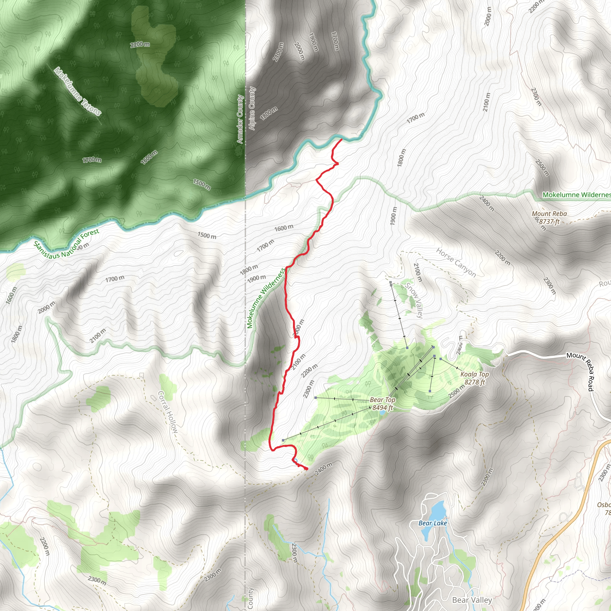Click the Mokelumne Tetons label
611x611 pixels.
pyautogui.click(x=78, y=91)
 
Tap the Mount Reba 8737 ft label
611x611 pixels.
pyautogui.click(x=549, y=217)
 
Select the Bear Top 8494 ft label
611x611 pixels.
pyautogui.click(x=382, y=404)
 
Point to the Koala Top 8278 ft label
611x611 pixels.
pyautogui.click(x=474, y=378)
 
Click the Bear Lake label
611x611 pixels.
pyautogui.click(x=432, y=523)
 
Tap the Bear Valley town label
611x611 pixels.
pyautogui.click(x=472, y=600)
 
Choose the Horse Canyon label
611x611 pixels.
pyautogui.click(x=456, y=263)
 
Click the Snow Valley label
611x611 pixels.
pyautogui.click(x=414, y=300)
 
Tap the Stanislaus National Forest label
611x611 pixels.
pyautogui.click(x=67, y=243)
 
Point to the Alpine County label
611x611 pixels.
pyautogui.click(x=252, y=109)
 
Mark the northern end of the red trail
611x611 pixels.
pyautogui.click(x=342, y=139)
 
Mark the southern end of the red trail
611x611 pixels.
pyautogui.click(x=307, y=469)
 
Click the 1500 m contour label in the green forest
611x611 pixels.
pyautogui.click(x=202, y=184)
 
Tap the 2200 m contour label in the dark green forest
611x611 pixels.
pyautogui.click(x=140, y=44)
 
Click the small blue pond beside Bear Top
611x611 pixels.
pyautogui.click(x=382, y=413)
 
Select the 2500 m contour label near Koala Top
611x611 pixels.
pyautogui.click(x=456, y=391)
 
